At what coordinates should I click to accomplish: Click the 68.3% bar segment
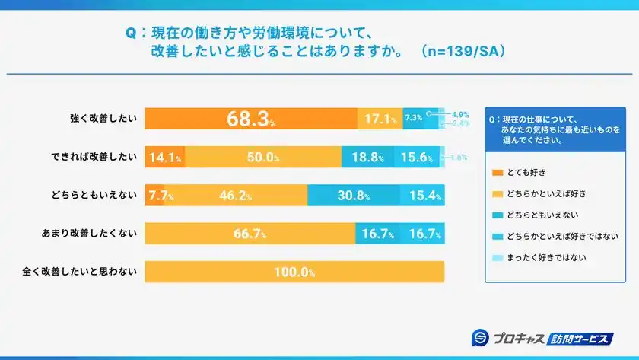251,119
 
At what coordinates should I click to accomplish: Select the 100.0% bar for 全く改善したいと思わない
294,272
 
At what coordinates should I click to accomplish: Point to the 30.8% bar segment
353,196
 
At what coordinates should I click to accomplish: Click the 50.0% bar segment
262,158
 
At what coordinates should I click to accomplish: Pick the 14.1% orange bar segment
164,158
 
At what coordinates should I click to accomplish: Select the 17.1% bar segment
380,119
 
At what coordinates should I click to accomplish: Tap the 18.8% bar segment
368,158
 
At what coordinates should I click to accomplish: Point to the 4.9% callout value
460,113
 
